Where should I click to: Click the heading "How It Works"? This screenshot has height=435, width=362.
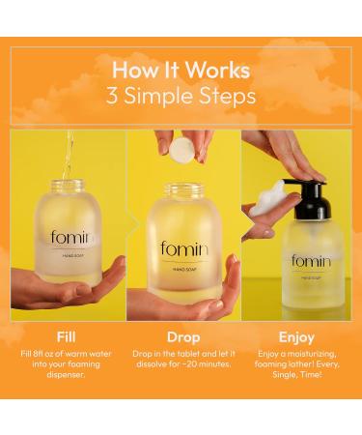[x=181, y=70]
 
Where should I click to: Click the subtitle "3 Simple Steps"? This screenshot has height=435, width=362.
[x=181, y=96]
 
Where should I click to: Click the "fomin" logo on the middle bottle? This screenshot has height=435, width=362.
[x=183, y=249]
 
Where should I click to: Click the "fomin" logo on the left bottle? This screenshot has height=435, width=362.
[x=70, y=238]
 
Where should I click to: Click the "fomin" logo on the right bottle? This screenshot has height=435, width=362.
[x=311, y=261]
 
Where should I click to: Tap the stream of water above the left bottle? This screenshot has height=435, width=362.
[x=68, y=155]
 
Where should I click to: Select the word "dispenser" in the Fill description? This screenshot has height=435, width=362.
[x=68, y=375]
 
